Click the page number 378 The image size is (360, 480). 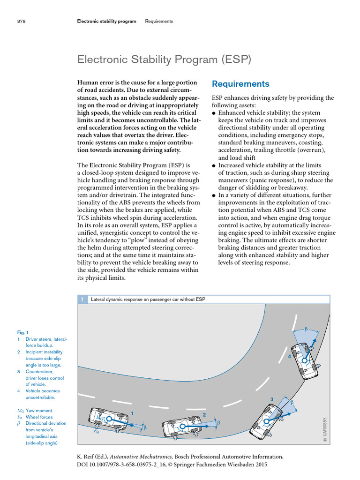click(x=21, y=21)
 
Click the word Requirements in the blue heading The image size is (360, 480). click(x=240, y=84)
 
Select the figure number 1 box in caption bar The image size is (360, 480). click(x=82, y=299)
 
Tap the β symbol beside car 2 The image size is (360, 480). click(x=218, y=423)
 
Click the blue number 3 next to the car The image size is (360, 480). click(x=271, y=399)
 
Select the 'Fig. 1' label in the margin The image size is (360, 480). click(x=22, y=332)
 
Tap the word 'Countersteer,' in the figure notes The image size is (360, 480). click(x=38, y=371)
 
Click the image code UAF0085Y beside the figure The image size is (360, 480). click(x=323, y=429)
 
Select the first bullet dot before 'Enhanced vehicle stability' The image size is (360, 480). click(x=214, y=113)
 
